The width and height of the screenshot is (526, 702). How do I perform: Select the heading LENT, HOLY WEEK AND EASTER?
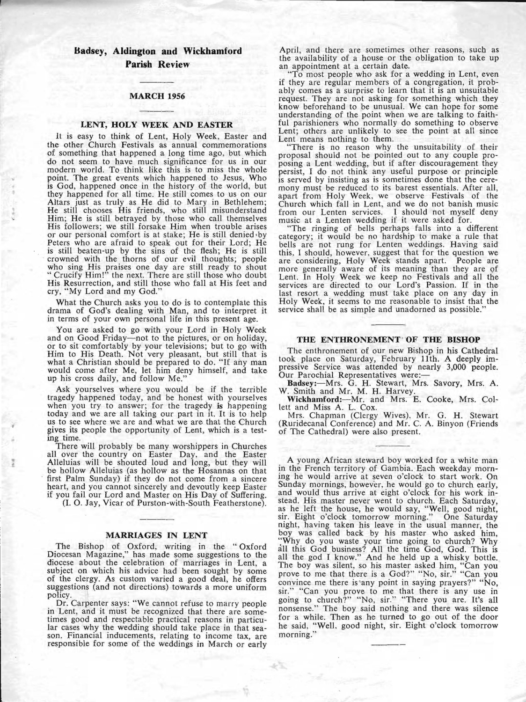(x=157, y=125)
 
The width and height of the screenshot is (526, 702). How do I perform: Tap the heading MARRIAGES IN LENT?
(x=157, y=534)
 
